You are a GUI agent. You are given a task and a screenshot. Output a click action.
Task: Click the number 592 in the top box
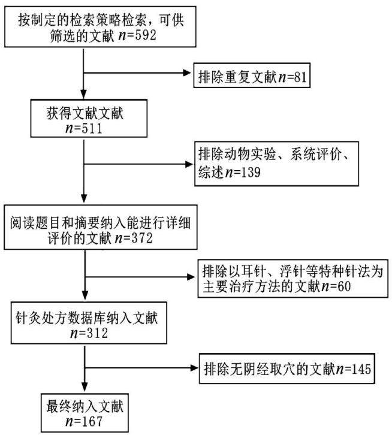146,35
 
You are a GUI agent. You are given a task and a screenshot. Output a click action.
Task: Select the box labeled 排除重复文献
252,75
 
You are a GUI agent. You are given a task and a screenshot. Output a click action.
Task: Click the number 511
92,128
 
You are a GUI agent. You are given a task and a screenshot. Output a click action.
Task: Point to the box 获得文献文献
89,119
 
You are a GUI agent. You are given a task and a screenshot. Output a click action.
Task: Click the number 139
251,173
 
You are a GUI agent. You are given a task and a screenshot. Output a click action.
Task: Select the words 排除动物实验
237,154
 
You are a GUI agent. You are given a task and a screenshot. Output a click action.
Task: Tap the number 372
142,238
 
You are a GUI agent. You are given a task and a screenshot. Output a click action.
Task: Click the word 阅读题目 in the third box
37,223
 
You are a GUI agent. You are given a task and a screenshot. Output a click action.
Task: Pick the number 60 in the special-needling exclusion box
344,286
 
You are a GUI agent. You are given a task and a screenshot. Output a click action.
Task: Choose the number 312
97,333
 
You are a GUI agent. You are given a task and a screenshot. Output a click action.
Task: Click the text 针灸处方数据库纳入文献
87,318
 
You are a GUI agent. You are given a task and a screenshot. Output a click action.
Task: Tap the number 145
361,369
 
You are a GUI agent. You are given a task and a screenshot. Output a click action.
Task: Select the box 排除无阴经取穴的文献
287,368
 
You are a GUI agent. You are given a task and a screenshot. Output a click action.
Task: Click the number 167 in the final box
92,421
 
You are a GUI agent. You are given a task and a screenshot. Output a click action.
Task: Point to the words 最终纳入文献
85,406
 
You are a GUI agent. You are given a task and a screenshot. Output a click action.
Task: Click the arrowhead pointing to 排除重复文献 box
187,73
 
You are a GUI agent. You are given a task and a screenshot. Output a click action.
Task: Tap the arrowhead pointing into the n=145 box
194,368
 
